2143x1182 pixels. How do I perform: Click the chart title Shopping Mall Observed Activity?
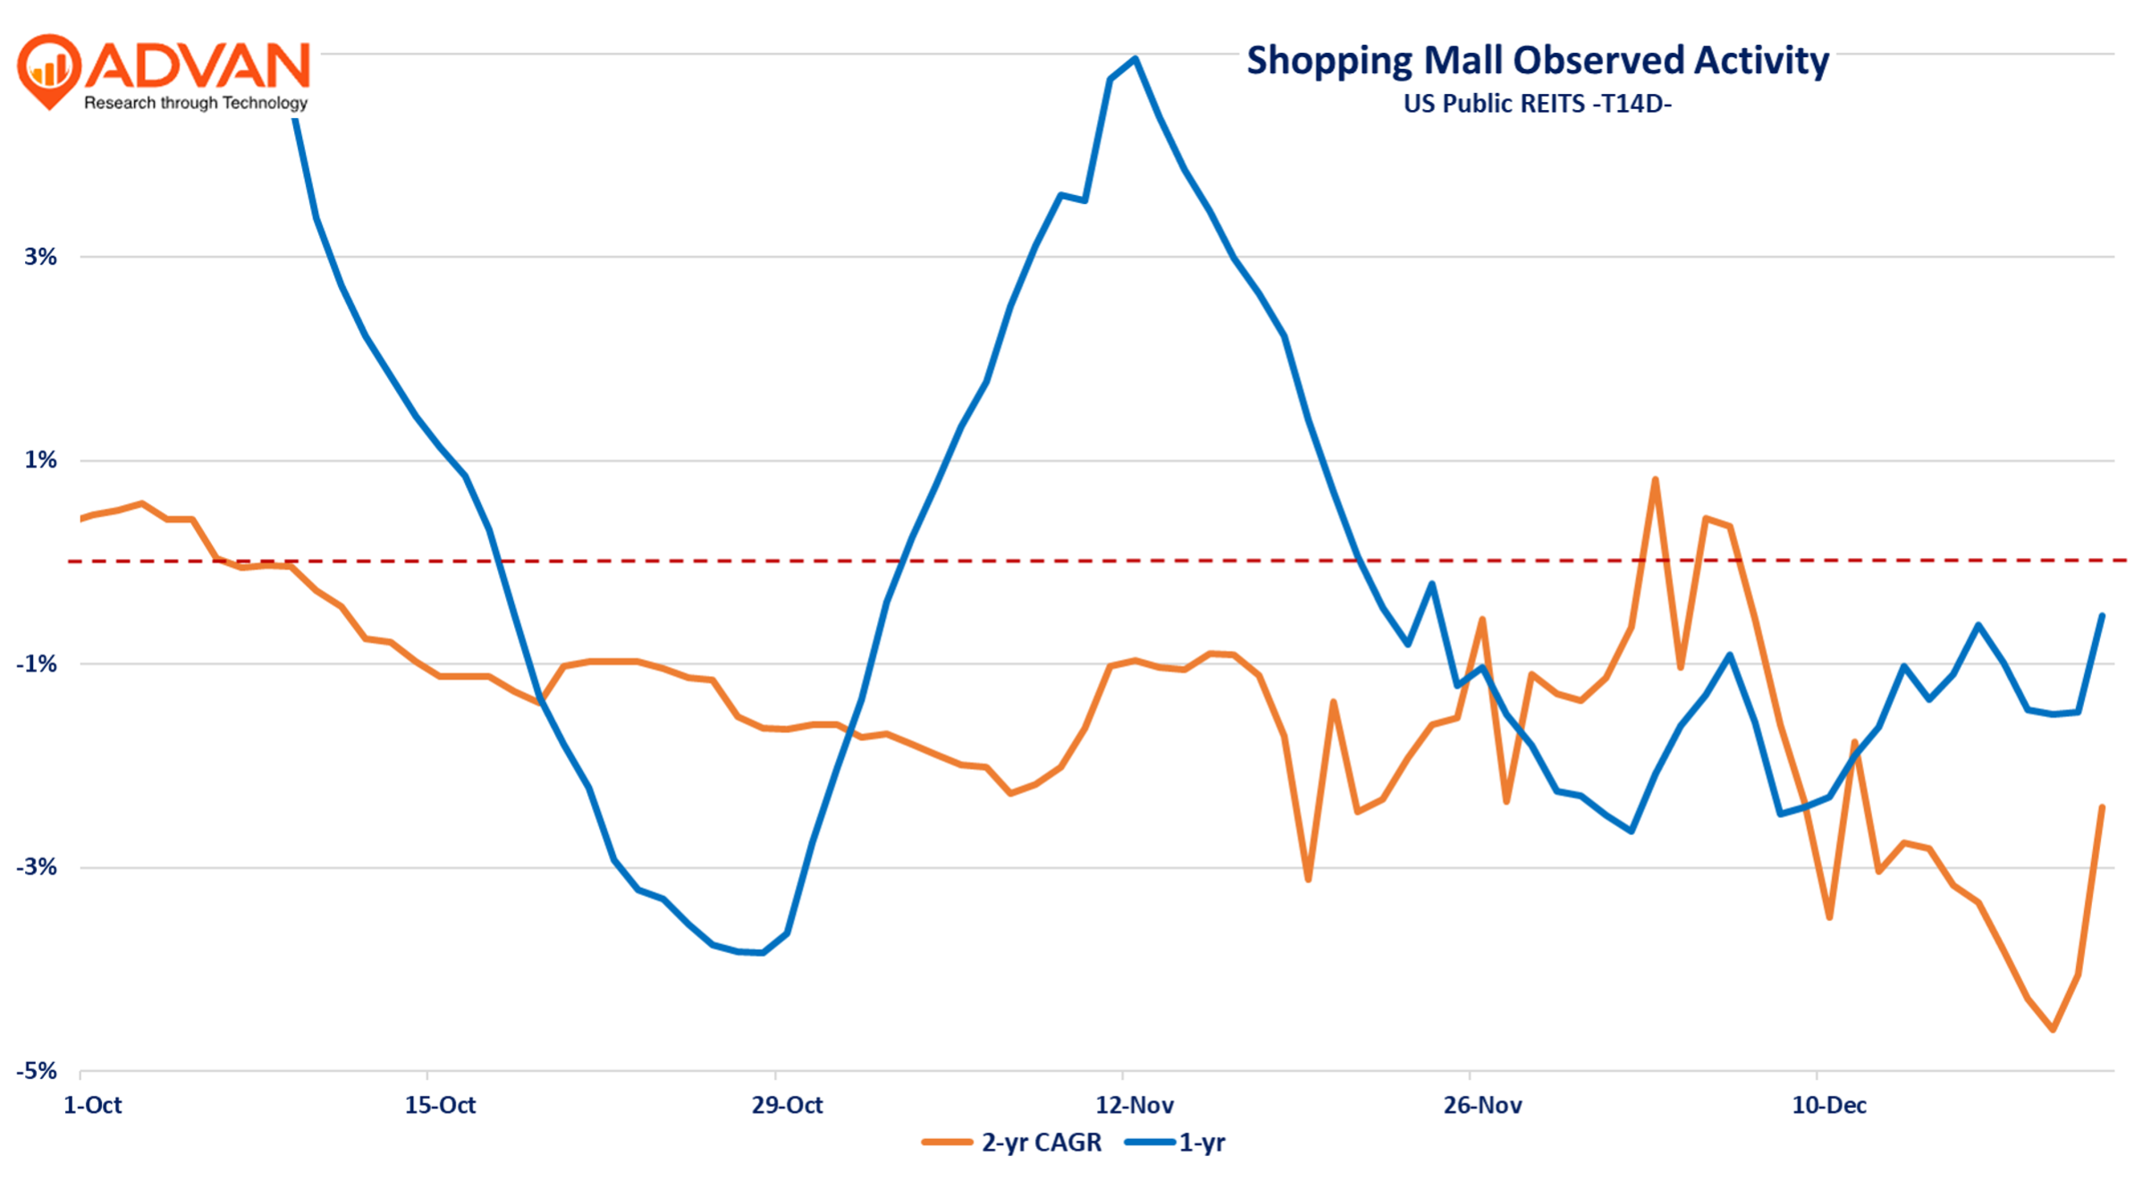point(1537,61)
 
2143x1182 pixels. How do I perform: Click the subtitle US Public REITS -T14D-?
point(1537,104)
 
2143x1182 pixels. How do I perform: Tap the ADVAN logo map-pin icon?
point(49,70)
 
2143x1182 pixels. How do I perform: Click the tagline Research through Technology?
point(196,103)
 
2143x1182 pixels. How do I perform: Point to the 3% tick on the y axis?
point(40,257)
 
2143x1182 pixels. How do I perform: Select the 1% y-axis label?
point(40,460)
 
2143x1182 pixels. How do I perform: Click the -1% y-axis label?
point(37,663)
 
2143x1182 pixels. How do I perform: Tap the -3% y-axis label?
point(37,866)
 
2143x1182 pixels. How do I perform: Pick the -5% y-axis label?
point(37,1070)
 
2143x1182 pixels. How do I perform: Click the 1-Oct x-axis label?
point(92,1105)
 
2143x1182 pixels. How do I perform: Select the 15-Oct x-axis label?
point(440,1105)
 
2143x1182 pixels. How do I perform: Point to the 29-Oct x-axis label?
point(787,1105)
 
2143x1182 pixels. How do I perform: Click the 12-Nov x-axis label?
point(1135,1105)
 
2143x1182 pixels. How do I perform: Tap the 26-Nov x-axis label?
point(1482,1105)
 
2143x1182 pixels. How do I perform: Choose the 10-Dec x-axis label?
point(1829,1105)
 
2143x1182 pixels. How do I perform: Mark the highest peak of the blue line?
point(1135,59)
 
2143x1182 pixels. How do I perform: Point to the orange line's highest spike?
point(1655,480)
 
